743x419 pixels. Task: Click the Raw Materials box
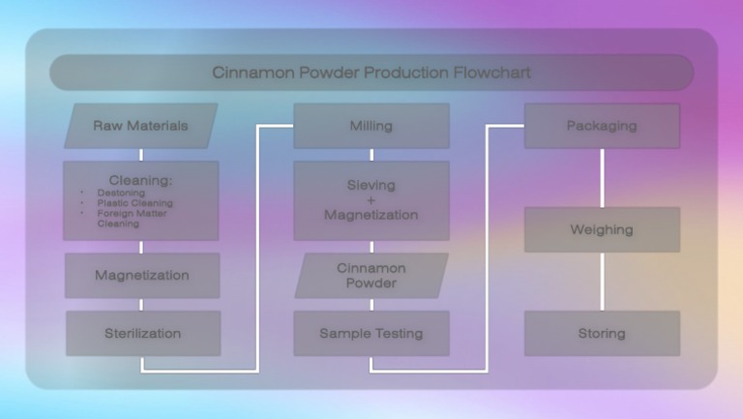[x=140, y=126]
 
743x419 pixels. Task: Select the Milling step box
[x=371, y=126]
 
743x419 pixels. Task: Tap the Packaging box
[x=601, y=126]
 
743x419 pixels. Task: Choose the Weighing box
[x=601, y=229]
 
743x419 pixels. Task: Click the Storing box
[x=601, y=333]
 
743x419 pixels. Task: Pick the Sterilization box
[x=142, y=333]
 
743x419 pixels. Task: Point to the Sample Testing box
[x=371, y=333]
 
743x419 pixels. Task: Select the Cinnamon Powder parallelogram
[x=371, y=275]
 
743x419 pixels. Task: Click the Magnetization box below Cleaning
[x=141, y=275]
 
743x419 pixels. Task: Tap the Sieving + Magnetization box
[x=371, y=199]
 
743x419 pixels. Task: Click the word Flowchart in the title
[x=493, y=73]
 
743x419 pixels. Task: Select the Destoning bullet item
[x=121, y=193]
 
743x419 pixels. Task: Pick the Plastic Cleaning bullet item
[x=134, y=203]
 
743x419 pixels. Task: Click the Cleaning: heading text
[x=140, y=179]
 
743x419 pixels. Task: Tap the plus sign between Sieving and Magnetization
[x=371, y=199]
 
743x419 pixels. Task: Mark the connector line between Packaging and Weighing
[x=602, y=177]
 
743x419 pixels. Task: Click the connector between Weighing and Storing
[x=602, y=281]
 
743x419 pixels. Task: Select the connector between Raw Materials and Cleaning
[x=141, y=154]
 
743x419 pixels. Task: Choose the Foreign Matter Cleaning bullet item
[x=134, y=219]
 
